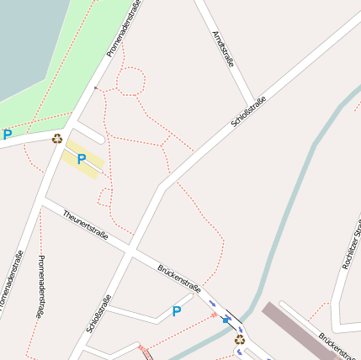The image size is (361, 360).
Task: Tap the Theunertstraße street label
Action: (x=85, y=225)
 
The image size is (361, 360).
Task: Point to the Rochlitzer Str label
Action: (x=353, y=245)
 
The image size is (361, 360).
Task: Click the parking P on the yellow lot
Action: (x=82, y=159)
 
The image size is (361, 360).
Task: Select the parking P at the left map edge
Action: (x=8, y=135)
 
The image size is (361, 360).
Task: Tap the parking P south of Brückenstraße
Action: (x=176, y=311)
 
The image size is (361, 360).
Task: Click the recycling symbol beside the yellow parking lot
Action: (x=56, y=139)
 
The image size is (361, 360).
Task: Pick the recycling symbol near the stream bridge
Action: (x=240, y=340)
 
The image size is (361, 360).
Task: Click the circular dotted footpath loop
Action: (x=130, y=81)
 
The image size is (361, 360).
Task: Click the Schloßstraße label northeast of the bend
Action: (x=248, y=113)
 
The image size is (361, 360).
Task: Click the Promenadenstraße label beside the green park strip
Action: (x=123, y=30)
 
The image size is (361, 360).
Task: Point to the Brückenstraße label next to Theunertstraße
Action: (x=178, y=278)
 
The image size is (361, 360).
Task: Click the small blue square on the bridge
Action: (x=226, y=320)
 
